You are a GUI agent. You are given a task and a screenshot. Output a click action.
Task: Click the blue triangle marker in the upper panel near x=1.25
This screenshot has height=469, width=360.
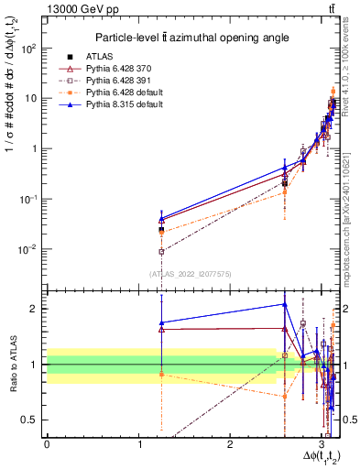pyautogui.click(x=161, y=220)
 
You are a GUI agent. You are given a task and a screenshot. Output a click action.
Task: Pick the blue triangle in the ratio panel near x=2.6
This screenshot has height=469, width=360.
pyautogui.click(x=284, y=304)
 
